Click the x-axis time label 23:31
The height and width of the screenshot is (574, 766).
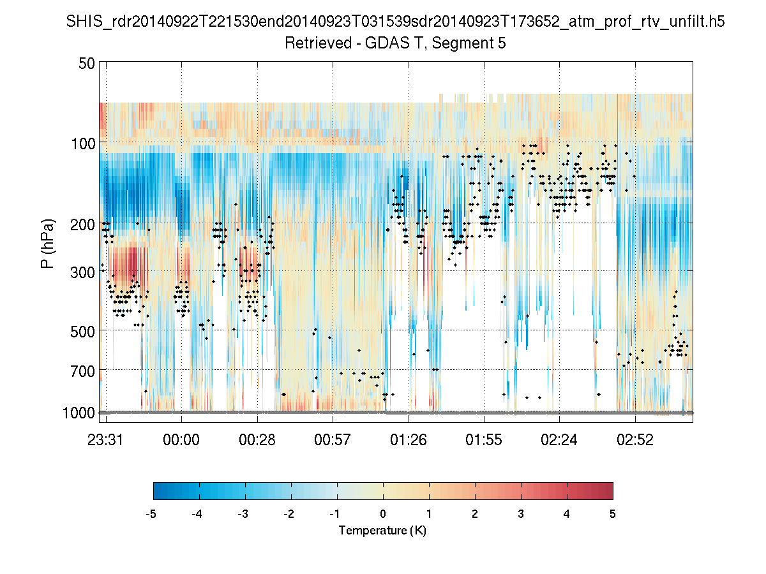click(x=106, y=439)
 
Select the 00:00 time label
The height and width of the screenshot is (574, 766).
click(x=182, y=439)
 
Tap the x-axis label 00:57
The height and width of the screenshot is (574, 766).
click(x=333, y=439)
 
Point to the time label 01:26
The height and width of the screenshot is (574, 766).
click(x=409, y=439)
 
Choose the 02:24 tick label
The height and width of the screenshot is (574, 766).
click(x=559, y=439)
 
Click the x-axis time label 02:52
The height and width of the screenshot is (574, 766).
click(x=635, y=439)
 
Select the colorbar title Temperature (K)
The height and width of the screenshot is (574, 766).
click(x=382, y=531)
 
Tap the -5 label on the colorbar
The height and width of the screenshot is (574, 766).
click(x=151, y=514)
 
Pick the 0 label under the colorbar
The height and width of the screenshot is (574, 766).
click(x=383, y=514)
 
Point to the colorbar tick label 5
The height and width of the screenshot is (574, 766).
click(x=612, y=514)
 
